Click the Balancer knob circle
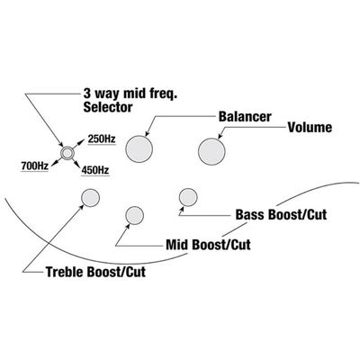click(139, 149)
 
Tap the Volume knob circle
click(211, 151)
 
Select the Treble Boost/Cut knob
click(90, 198)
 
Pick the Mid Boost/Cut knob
click(135, 215)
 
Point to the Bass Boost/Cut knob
click(188, 197)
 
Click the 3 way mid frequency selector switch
click(67, 153)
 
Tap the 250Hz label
click(102, 139)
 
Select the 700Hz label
click(35, 166)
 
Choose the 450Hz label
click(95, 170)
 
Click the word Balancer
click(245, 117)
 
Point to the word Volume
click(310, 128)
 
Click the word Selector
click(108, 107)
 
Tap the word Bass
click(250, 215)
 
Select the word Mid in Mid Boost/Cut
click(177, 245)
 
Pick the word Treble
click(65, 272)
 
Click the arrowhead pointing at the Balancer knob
click(147, 135)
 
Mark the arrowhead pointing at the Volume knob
click(220, 136)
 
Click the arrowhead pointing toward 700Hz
click(55, 163)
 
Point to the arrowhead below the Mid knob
click(128, 226)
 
